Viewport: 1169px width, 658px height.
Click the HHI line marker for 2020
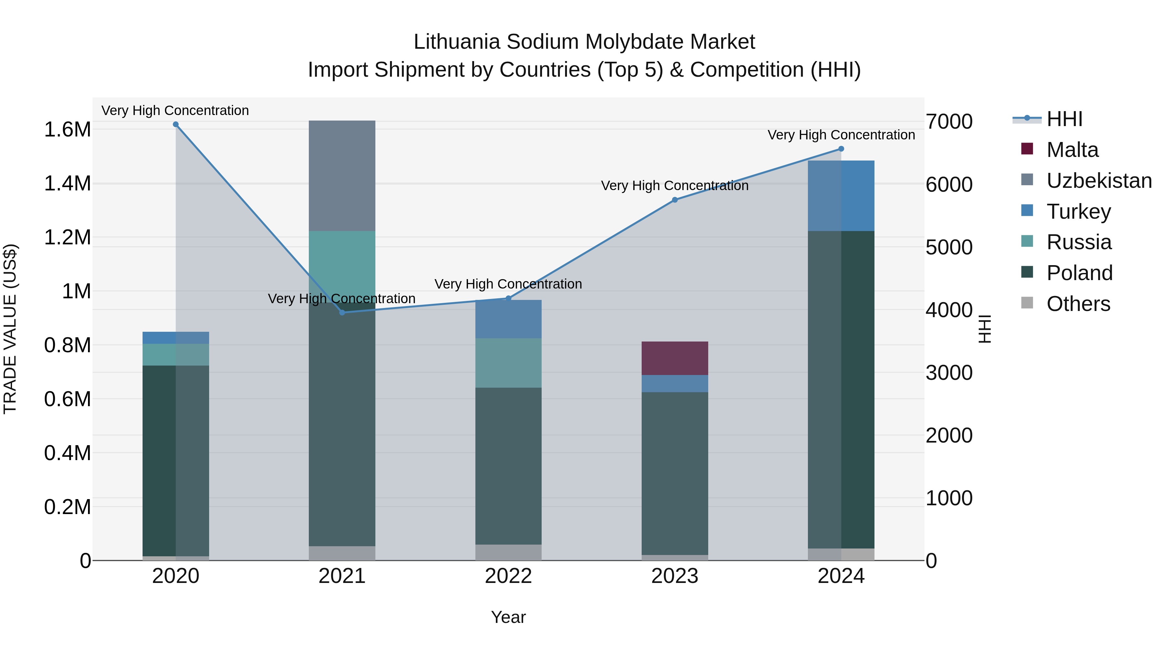176,124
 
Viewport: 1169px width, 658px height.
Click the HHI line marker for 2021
342,312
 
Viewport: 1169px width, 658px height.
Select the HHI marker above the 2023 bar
675,200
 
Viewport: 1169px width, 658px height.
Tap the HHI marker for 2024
841,149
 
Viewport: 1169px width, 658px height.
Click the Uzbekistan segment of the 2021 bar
342,176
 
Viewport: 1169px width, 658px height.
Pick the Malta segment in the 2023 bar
675,358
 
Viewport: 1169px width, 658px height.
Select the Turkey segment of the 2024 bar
841,196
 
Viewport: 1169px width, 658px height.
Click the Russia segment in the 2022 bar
508,363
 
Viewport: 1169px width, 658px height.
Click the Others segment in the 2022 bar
508,552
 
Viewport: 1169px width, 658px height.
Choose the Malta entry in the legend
1072,150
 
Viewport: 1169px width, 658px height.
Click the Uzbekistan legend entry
1099,181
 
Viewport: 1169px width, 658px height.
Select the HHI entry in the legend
1064,119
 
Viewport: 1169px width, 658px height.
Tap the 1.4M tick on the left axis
67,184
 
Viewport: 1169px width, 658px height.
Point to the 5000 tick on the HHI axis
949,248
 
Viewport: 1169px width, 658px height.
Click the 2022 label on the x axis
508,576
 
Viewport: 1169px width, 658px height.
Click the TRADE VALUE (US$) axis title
10,329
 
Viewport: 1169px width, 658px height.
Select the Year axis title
508,617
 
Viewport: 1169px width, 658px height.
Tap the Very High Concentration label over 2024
841,135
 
